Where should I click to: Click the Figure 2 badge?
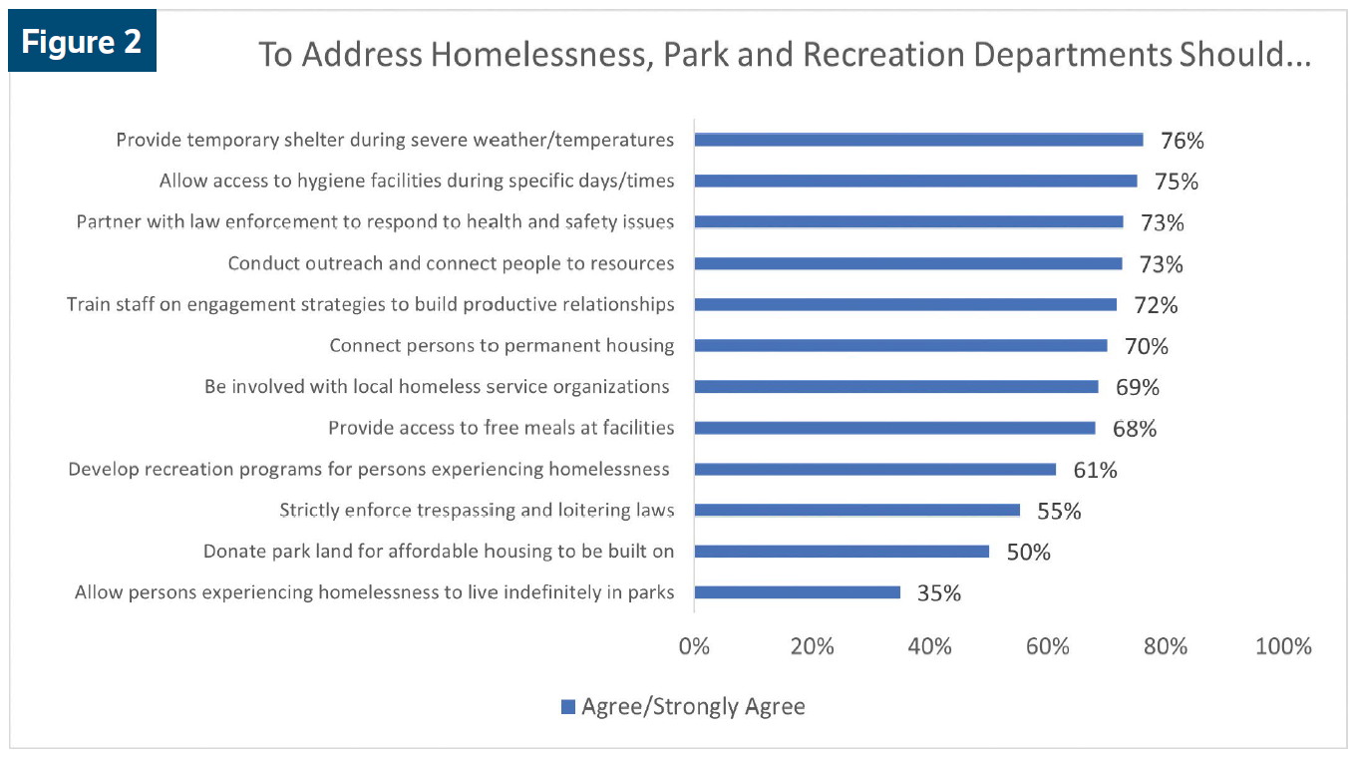[x=82, y=42]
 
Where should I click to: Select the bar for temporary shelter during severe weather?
[x=917, y=140]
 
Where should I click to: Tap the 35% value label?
[x=938, y=593]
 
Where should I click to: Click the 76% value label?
[x=1182, y=141]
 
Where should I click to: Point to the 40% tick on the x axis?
[x=929, y=646]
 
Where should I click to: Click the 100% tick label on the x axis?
[x=1283, y=646]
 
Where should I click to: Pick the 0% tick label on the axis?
[x=694, y=646]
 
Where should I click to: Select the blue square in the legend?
[x=568, y=707]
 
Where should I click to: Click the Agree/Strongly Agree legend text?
[x=693, y=707]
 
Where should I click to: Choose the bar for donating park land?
[x=841, y=551]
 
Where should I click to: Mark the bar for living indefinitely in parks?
[x=797, y=592]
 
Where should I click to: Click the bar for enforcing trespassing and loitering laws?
[x=856, y=510]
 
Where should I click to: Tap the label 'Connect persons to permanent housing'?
[x=502, y=346]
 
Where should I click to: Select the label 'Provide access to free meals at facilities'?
[x=501, y=428]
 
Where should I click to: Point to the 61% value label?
[x=1095, y=470]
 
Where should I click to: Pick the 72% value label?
[x=1155, y=305]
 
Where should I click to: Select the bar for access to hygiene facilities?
[x=914, y=181]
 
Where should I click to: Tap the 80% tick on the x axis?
[x=1166, y=646]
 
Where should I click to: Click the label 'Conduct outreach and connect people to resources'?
[x=451, y=263]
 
